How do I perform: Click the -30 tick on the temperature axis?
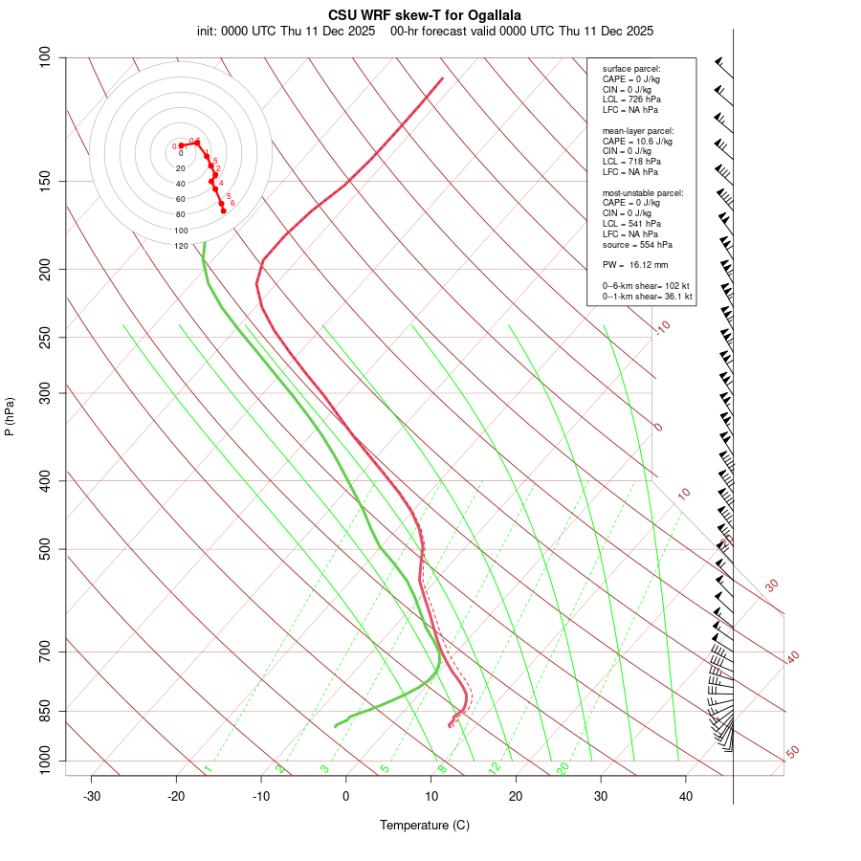(x=92, y=796)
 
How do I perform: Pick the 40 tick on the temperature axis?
(x=685, y=796)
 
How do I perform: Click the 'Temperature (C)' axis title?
(x=424, y=825)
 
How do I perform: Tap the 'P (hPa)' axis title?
(x=10, y=417)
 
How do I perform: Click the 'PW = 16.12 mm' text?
(x=635, y=265)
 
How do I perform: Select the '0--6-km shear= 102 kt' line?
(x=647, y=285)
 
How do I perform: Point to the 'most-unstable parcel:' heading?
(x=643, y=192)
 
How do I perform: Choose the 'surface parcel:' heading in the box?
(x=631, y=69)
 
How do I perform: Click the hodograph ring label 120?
(x=181, y=246)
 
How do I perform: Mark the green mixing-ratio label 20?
(x=563, y=767)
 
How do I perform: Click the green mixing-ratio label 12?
(x=495, y=767)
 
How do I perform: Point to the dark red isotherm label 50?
(x=792, y=753)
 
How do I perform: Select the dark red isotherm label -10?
(x=662, y=327)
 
